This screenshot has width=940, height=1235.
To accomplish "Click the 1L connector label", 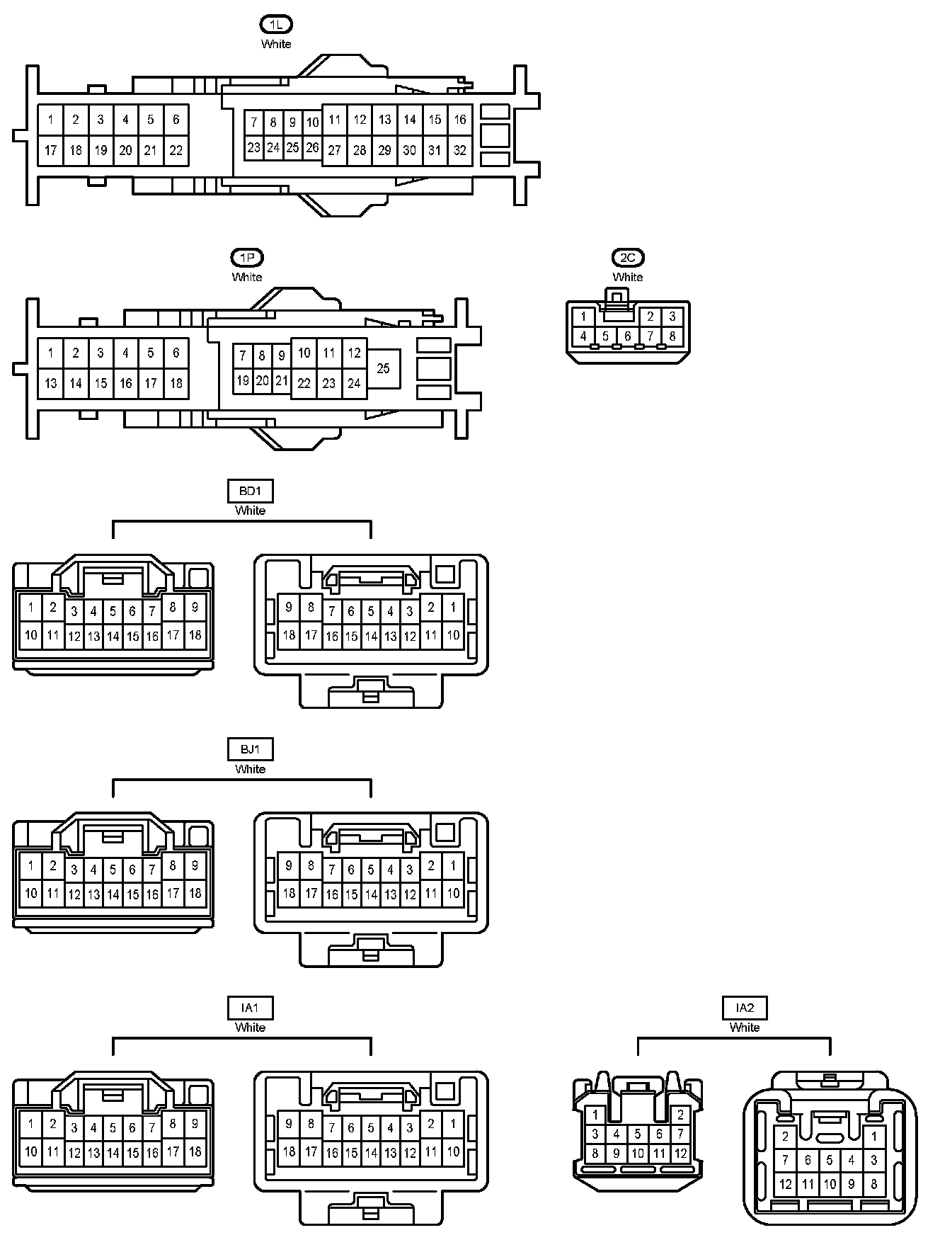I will tap(276, 25).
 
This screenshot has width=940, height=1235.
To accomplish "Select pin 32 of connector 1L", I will tap(460, 150).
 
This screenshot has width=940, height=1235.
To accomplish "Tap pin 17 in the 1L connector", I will tap(50, 150).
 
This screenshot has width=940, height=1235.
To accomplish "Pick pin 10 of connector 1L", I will tap(312, 123).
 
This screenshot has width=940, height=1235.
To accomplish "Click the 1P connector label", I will tap(247, 258).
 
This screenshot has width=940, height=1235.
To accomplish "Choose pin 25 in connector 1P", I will tap(383, 368).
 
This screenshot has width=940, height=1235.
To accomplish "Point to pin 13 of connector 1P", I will tap(50, 383).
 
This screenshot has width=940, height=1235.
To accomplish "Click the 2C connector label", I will tap(628, 258).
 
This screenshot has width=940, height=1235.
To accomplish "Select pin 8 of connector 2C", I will tap(672, 336).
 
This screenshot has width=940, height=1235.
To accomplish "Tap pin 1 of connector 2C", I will tap(583, 317).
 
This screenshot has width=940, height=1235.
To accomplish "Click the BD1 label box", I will tap(251, 491).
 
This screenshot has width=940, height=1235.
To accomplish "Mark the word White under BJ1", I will tap(251, 769).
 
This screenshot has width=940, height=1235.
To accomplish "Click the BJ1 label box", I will tap(251, 749).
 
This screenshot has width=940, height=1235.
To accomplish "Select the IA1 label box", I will tap(251, 1008).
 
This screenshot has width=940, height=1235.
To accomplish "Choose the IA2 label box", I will tap(745, 1008).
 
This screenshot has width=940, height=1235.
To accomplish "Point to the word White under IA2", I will tap(745, 1028).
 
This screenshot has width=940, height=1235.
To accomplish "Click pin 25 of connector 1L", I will tap(292, 148).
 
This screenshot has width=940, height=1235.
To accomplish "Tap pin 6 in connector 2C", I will tap(627, 336).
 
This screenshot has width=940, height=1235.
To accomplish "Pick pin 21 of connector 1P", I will tap(282, 381).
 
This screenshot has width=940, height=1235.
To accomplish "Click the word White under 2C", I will tap(628, 277).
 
